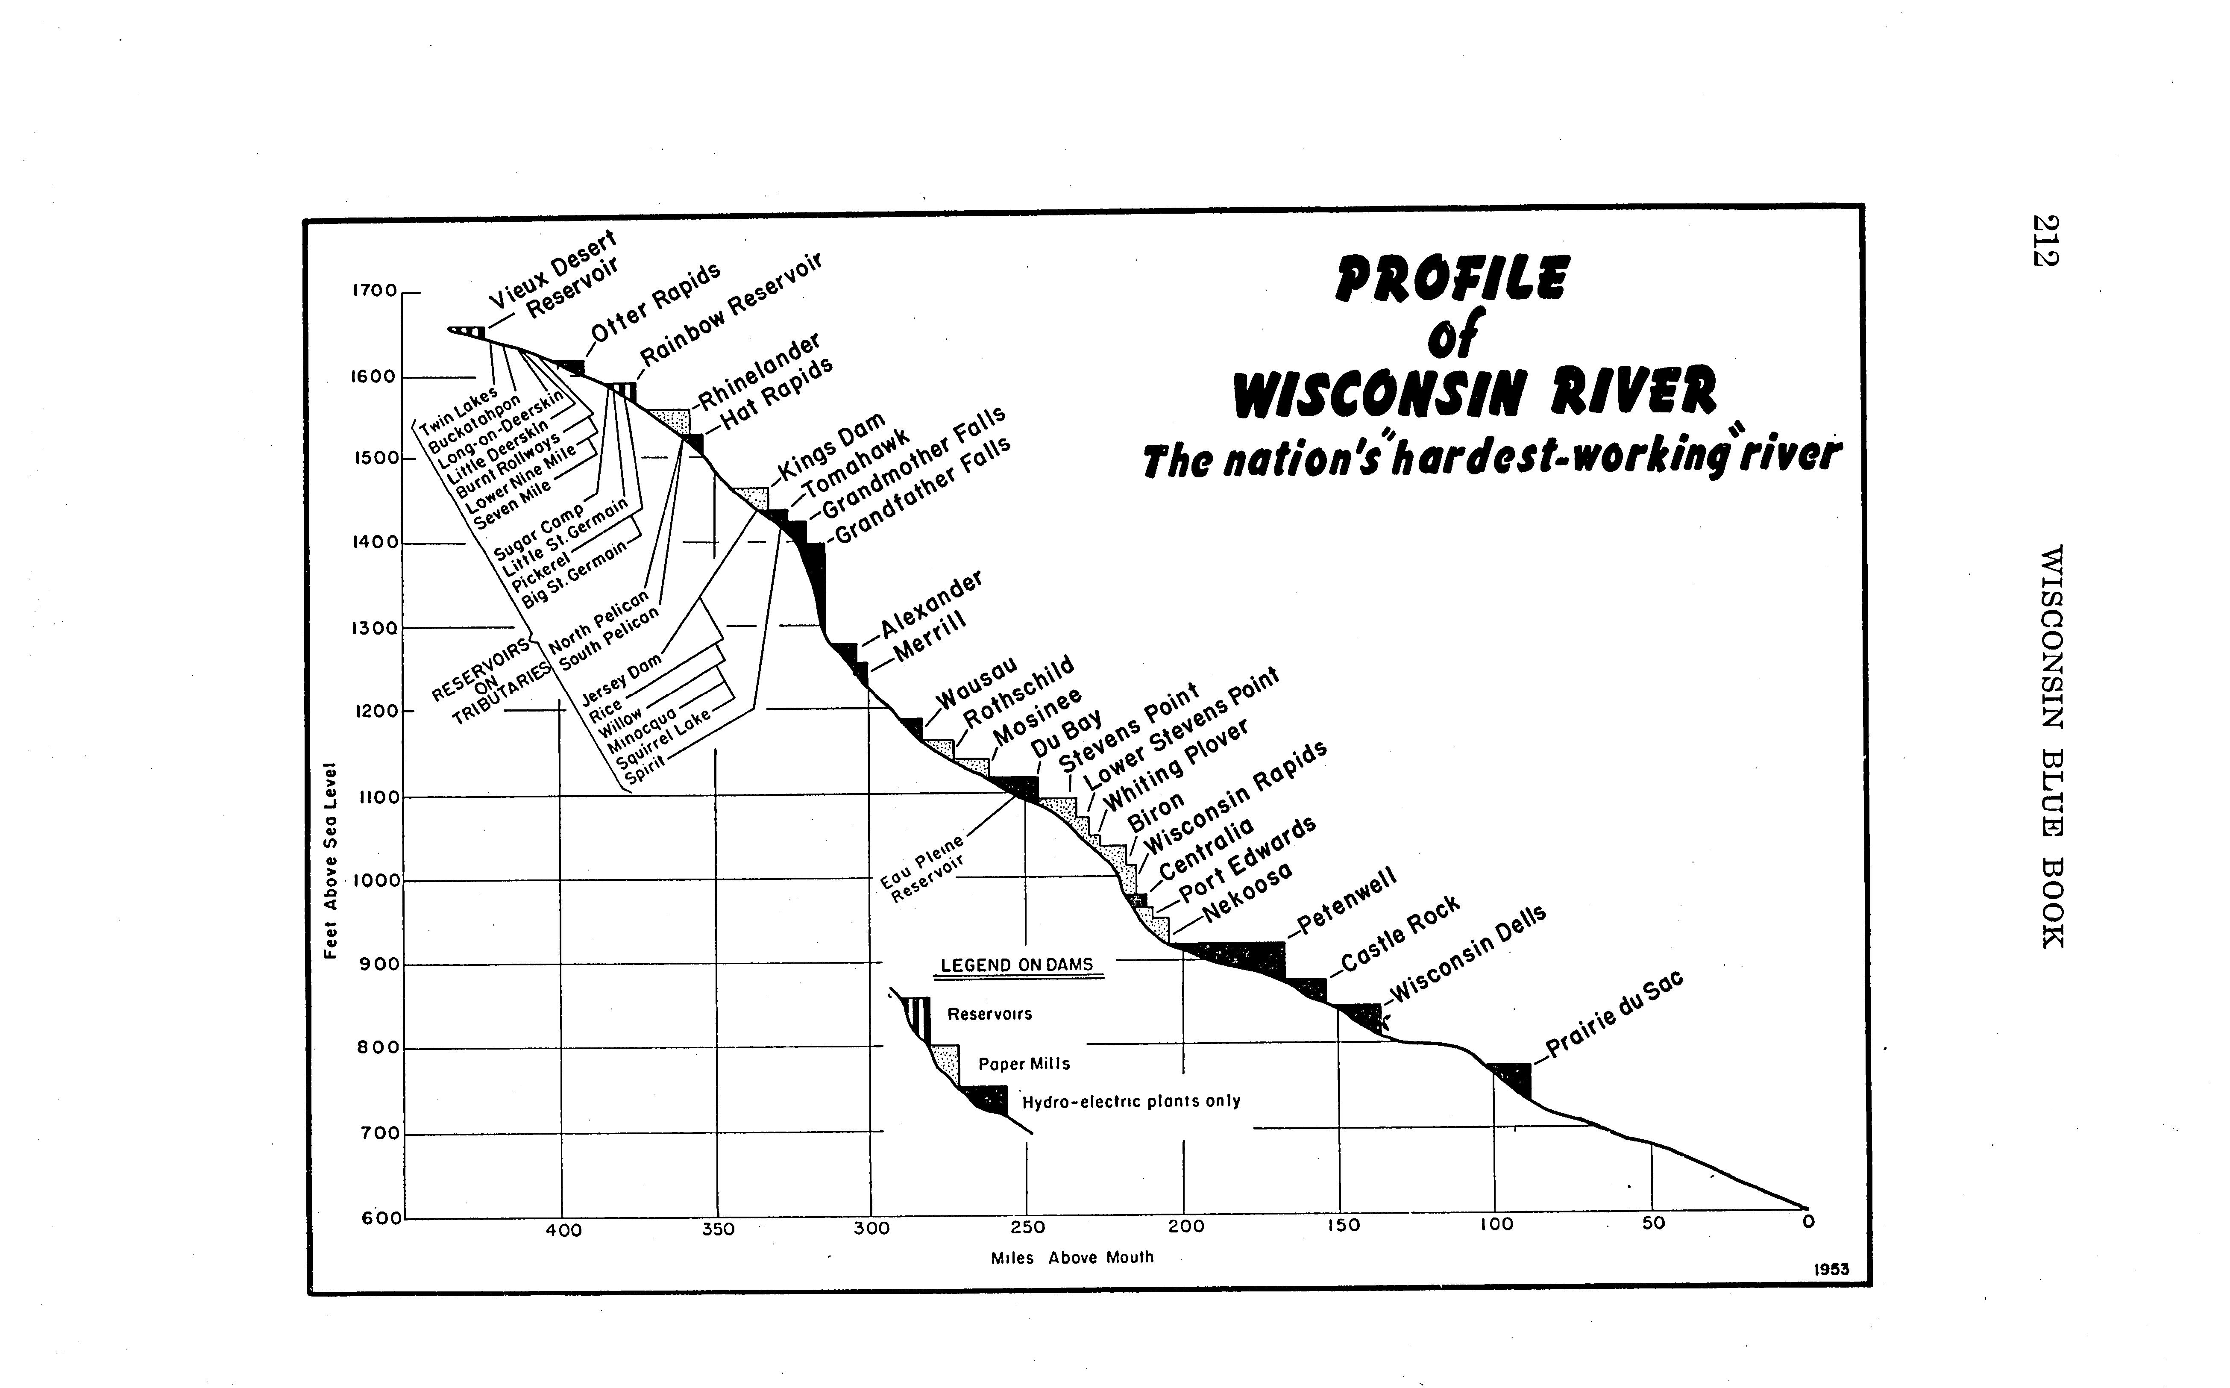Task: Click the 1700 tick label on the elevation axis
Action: (x=376, y=291)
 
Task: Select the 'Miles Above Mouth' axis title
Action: (x=1072, y=1258)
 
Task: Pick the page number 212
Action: (x=2046, y=241)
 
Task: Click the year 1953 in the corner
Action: (x=1832, y=1270)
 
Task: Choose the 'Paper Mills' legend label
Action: (x=1024, y=1064)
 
